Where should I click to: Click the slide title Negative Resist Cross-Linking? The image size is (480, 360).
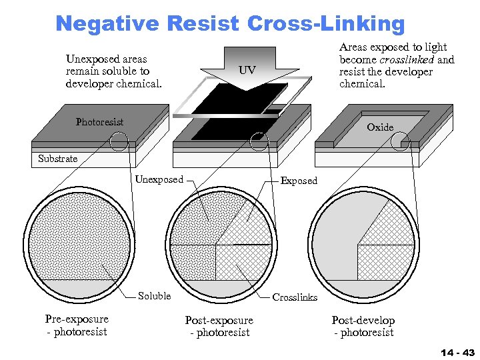(230, 23)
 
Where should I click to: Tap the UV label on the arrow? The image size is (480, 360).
(247, 71)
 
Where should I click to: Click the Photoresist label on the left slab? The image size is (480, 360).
(99, 122)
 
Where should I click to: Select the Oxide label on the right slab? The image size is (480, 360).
(380, 127)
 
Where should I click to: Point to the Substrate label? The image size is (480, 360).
(57, 159)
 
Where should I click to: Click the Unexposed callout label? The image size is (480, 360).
(159, 179)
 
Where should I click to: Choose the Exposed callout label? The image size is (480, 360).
(299, 181)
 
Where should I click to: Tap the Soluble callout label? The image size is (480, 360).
(154, 296)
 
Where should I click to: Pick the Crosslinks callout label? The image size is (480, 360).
(295, 297)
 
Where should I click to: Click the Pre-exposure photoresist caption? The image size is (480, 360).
(76, 325)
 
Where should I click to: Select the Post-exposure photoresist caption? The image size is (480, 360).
(219, 326)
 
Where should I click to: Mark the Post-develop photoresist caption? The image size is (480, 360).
(363, 326)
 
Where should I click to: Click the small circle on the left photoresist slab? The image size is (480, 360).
(119, 141)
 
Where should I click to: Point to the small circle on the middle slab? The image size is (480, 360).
(258, 141)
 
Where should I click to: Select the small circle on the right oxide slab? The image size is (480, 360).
(400, 140)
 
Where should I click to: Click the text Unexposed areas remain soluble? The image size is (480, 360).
(113, 71)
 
